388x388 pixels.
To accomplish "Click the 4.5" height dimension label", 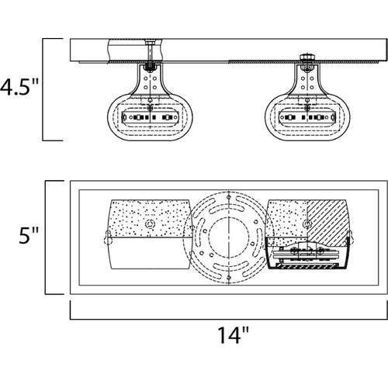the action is click(19, 87).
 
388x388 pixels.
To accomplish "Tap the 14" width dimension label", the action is click(234, 335).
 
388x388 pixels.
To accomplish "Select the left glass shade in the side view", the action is click(150, 102).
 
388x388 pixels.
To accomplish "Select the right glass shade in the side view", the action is click(307, 102).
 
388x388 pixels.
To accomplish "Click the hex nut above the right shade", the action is click(307, 57).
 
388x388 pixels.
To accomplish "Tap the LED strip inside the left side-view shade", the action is click(150, 117).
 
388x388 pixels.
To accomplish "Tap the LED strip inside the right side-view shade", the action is click(307, 117).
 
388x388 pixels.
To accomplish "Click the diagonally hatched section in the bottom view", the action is click(327, 223).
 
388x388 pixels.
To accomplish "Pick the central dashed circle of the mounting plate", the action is click(229, 237).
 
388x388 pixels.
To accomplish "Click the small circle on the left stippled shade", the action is click(151, 223).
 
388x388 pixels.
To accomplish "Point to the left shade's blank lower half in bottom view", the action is click(150, 253).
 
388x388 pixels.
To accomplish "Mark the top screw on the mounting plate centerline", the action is click(229, 197).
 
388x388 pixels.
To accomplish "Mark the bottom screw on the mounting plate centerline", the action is click(229, 278).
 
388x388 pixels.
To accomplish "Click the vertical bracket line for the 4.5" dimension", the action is click(43, 89).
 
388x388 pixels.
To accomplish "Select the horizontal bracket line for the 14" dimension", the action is click(229, 319).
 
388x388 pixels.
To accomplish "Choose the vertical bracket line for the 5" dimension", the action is click(46, 237).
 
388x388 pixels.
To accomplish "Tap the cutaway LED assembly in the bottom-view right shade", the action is click(305, 255).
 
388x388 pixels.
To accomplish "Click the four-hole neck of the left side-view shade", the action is click(150, 81).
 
